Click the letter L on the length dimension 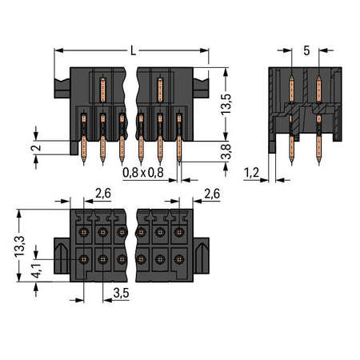click(x=133, y=50)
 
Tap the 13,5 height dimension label click(x=226, y=105)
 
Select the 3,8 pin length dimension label click(x=226, y=151)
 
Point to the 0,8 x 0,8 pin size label click(x=143, y=173)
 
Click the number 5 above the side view click(x=306, y=50)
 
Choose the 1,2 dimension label click(x=251, y=173)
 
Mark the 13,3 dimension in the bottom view click(x=19, y=246)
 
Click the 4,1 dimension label click(x=36, y=270)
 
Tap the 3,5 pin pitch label click(x=121, y=293)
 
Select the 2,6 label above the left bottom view click(x=103, y=194)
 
